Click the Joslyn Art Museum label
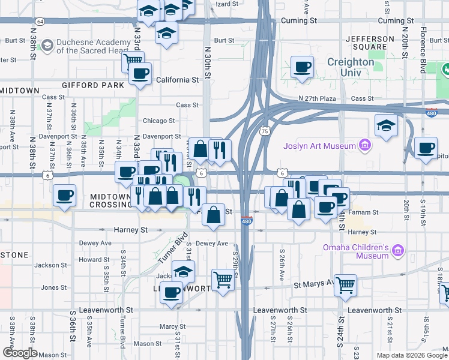[x=321, y=145]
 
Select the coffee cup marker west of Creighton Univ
[x=302, y=67]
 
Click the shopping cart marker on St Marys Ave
[x=345, y=285]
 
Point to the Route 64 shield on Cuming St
[x=40, y=21]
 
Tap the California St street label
[x=177, y=80]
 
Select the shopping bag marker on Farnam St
[x=213, y=215]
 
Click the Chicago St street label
[x=158, y=121]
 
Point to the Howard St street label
[x=94, y=260]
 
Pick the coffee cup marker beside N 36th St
[x=64, y=195]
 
